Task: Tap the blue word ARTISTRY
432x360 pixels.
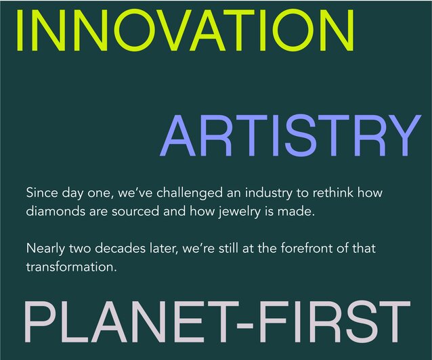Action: coord(290,136)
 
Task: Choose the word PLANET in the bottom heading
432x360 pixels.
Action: coord(129,323)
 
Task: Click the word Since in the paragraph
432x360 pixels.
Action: coord(41,193)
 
